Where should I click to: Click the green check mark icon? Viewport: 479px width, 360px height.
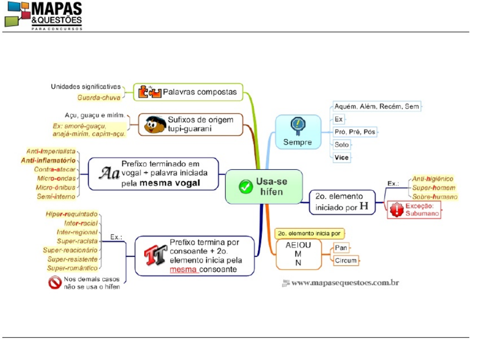246,186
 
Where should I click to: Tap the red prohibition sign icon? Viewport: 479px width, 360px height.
55,283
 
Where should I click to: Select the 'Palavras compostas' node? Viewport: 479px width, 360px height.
188,92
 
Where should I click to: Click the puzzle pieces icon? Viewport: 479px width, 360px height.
150,92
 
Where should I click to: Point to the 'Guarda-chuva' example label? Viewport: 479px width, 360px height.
99,98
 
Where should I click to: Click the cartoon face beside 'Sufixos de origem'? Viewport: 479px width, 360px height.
154,125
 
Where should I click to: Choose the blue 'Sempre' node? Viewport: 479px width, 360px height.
298,132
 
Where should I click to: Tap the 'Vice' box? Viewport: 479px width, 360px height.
342,157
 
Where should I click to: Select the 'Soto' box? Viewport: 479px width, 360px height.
342,145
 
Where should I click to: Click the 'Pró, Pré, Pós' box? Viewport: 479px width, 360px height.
354,132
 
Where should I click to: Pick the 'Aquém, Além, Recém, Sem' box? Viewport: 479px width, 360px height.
377,106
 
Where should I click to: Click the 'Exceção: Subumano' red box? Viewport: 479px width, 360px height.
414,209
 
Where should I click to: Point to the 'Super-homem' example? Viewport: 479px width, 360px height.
434,188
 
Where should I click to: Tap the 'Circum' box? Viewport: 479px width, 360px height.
346,260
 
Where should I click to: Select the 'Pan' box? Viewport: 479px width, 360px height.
341,248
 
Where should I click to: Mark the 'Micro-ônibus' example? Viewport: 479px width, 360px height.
55,187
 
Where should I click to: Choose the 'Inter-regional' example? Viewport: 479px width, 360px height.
77,232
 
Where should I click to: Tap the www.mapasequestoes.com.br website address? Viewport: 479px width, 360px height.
345,283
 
